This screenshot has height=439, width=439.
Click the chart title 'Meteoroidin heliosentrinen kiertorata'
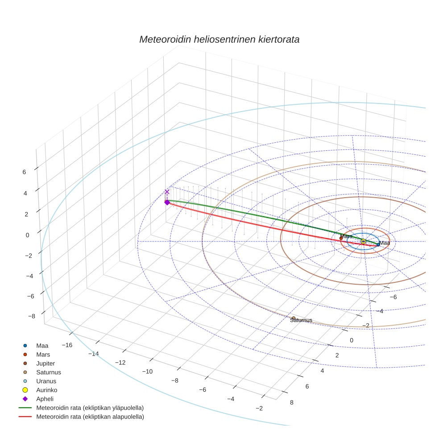point(219,39)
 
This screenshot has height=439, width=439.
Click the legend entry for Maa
point(42,346)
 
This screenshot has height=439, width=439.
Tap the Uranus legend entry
point(46,381)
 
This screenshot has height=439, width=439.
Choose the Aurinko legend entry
point(46,390)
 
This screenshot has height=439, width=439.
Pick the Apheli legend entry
point(45,399)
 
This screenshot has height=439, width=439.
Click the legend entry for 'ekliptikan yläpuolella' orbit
point(89,408)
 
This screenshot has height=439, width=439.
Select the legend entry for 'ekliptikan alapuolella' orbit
point(89,417)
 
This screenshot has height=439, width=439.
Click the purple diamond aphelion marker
point(167,203)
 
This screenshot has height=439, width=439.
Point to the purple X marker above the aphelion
point(167,192)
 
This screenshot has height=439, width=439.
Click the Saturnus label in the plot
point(301,320)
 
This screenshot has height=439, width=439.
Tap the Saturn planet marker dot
point(294,318)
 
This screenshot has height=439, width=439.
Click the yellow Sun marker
point(363,241)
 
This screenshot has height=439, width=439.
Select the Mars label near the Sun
point(346,236)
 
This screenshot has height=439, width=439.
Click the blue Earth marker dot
point(378,244)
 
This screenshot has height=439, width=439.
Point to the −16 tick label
point(67,345)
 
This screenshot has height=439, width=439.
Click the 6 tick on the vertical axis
point(24,172)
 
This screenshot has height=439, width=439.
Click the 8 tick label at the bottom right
point(292,402)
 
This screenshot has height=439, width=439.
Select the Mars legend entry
point(43,355)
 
